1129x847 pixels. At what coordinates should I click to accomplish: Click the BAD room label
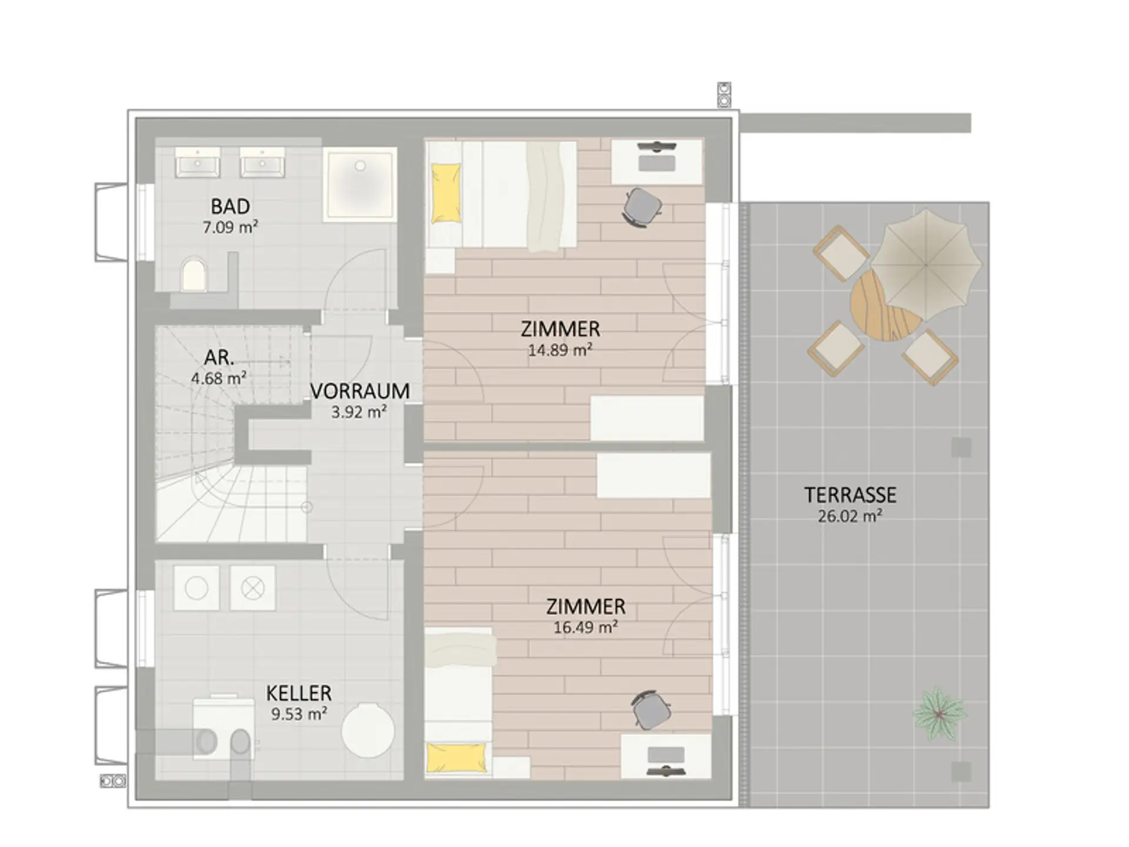click(231, 206)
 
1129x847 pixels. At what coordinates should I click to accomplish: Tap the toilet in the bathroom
click(194, 274)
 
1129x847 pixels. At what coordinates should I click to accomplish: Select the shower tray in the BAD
click(359, 184)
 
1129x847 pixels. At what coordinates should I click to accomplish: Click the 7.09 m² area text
click(231, 227)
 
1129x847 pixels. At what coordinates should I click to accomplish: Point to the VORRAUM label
click(360, 391)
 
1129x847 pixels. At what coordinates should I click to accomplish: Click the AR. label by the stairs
click(219, 357)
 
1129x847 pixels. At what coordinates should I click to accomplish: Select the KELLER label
click(299, 693)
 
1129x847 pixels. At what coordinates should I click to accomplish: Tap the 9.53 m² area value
click(299, 714)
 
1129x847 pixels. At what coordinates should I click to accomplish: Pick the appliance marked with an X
click(253, 588)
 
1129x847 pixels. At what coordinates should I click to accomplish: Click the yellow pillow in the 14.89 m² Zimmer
click(446, 194)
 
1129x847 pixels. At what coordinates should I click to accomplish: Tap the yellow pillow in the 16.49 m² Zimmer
click(457, 757)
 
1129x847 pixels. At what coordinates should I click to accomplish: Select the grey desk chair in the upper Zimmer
click(642, 208)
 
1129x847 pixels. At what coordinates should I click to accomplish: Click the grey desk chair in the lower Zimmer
click(651, 710)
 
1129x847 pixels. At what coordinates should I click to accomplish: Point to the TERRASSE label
click(850, 495)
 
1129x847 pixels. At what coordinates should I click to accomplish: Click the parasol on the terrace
click(926, 265)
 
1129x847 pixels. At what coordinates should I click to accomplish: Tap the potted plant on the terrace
click(939, 713)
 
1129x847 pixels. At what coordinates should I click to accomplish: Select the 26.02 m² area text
click(850, 516)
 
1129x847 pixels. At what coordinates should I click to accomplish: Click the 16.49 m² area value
click(586, 628)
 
